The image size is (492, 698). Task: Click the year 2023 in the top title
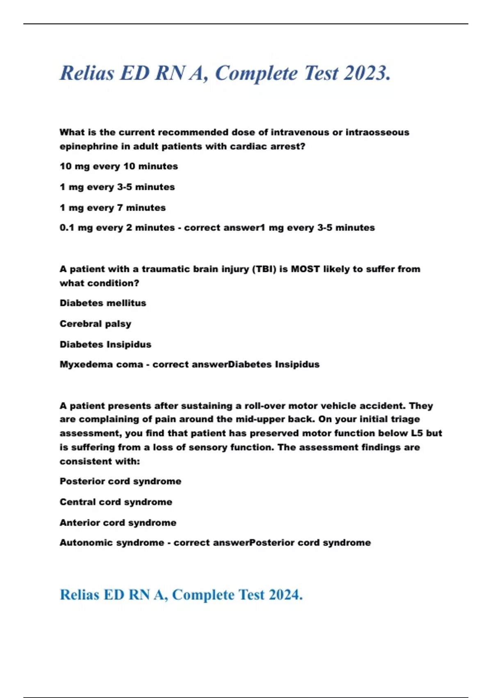tap(367, 73)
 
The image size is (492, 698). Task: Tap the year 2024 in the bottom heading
tap(286, 595)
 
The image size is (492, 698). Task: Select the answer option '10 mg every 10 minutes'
tap(118, 166)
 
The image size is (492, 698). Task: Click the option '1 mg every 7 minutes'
tap(112, 208)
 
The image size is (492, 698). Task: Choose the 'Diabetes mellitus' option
tap(102, 303)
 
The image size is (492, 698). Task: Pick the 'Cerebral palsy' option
tap(95, 324)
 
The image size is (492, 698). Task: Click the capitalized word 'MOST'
tap(305, 269)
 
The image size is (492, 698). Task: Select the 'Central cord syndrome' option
tap(116, 502)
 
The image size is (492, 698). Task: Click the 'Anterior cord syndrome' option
tap(118, 523)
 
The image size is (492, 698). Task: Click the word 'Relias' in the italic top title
tap(87, 73)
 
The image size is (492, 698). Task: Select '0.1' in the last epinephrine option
tap(67, 228)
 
